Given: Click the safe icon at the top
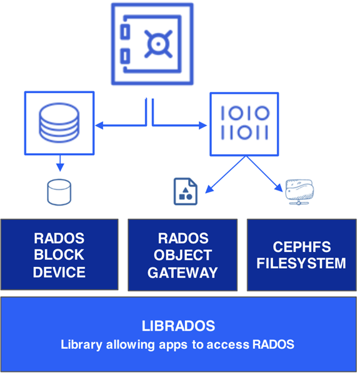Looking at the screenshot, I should point(152,44).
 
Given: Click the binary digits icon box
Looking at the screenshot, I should point(244,123).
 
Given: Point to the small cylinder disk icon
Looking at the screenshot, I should point(59,192).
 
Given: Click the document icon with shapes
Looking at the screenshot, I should point(185,191).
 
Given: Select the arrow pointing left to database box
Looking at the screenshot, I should point(119,126).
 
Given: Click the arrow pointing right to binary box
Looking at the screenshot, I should point(181,126).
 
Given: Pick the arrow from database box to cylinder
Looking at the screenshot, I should point(59,162).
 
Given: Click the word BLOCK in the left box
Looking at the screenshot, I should point(59,256).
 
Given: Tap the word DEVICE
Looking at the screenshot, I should point(59,272).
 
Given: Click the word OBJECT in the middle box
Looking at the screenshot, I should point(182,256).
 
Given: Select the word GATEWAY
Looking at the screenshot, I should point(182,272).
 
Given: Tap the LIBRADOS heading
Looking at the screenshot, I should point(177,326).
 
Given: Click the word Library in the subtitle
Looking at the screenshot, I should point(82,344).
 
